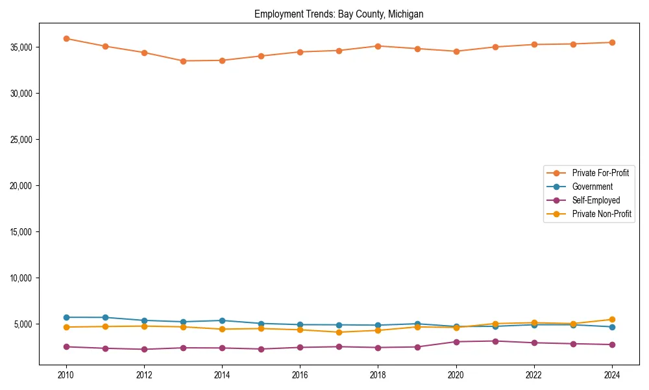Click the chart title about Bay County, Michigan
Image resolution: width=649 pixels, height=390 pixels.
339,14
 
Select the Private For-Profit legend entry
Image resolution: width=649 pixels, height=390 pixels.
600,173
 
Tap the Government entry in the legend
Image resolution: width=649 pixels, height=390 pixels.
592,187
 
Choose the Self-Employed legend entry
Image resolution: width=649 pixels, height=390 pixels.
596,200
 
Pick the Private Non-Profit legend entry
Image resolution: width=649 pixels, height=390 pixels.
602,214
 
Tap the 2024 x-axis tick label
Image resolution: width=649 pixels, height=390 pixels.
612,375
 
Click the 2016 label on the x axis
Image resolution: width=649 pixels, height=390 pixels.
300,375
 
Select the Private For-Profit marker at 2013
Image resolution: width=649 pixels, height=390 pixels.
183,61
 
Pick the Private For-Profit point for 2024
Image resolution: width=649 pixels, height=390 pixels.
612,42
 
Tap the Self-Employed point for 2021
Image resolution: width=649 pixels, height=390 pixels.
495,341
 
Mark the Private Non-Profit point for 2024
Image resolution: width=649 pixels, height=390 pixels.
612,319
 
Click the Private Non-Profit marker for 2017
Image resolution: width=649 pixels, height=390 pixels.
339,332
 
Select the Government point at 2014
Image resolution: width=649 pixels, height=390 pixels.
222,320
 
